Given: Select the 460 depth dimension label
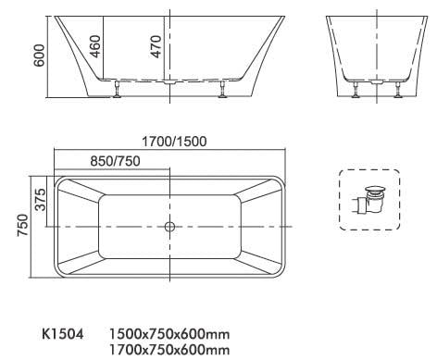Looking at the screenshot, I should (x=95, y=44).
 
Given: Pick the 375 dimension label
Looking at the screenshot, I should (x=40, y=199).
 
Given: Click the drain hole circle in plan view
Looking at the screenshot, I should (x=169, y=226).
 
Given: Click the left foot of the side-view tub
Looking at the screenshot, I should (x=118, y=89).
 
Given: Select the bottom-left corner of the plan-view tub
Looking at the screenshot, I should (x=58, y=276).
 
